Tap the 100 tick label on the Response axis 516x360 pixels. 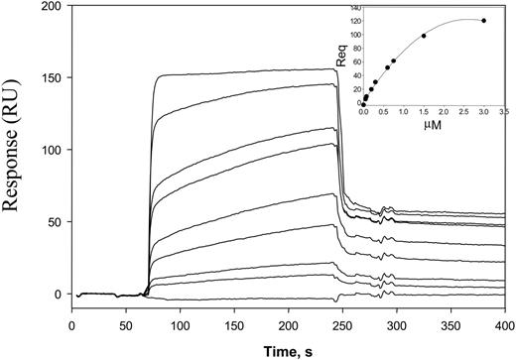click(x=50, y=150)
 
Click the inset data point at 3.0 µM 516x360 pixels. click(x=483, y=21)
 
